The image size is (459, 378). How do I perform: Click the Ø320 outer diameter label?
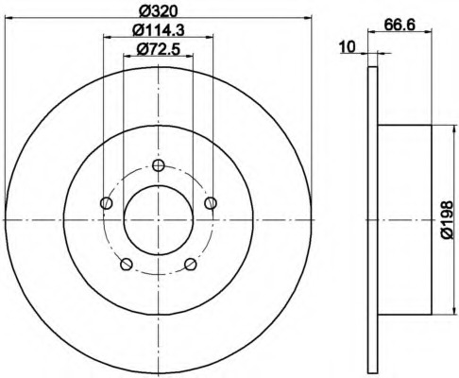pyautogui.click(x=159, y=11)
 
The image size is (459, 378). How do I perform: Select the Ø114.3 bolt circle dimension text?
pyautogui.click(x=159, y=30)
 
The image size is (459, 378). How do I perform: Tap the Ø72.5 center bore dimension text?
pyautogui.click(x=158, y=49)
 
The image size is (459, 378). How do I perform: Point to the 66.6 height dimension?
pyautogui.click(x=399, y=25)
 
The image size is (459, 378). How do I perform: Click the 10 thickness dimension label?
pyautogui.click(x=348, y=47)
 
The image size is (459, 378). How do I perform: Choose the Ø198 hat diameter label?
pyautogui.click(x=447, y=219)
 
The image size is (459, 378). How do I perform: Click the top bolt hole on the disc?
pyautogui.click(x=159, y=165)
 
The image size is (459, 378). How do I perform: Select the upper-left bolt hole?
pyautogui.click(x=107, y=203)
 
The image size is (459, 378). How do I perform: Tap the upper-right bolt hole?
pyautogui.click(x=211, y=203)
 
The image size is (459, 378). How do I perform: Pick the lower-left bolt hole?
pyautogui.click(x=127, y=265)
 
